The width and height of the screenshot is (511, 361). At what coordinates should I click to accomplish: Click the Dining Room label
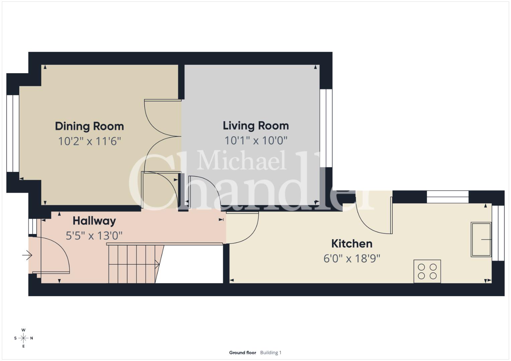(x=89, y=127)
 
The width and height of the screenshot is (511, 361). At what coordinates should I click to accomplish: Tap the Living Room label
(x=256, y=126)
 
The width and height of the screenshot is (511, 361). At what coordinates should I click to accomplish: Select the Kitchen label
(x=352, y=244)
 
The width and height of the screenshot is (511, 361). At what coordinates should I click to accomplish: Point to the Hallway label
(x=94, y=221)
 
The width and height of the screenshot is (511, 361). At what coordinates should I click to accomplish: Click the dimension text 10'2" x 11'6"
(x=89, y=141)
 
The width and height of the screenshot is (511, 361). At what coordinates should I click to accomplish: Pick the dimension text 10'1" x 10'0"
(x=256, y=140)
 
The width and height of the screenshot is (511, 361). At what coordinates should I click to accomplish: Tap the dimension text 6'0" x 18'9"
(x=352, y=258)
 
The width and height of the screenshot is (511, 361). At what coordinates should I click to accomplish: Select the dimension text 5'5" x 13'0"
(x=94, y=236)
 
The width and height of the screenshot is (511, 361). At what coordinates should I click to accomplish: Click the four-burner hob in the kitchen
(x=427, y=271)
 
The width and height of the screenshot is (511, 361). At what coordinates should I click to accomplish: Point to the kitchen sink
(x=481, y=240)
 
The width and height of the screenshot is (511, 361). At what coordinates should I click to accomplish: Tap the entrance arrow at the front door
(x=27, y=255)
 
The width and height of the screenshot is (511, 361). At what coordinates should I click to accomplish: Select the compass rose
(x=23, y=338)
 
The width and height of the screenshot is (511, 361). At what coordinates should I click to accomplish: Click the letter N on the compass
(x=31, y=338)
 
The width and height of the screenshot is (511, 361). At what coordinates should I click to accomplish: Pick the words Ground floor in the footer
(x=243, y=353)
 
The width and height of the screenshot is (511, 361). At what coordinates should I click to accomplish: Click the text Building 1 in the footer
(x=271, y=353)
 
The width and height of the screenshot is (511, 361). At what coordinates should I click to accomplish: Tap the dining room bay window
(x=13, y=133)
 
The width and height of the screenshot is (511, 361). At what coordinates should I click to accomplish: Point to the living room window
(x=326, y=128)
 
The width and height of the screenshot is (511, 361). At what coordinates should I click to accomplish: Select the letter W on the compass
(x=23, y=330)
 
